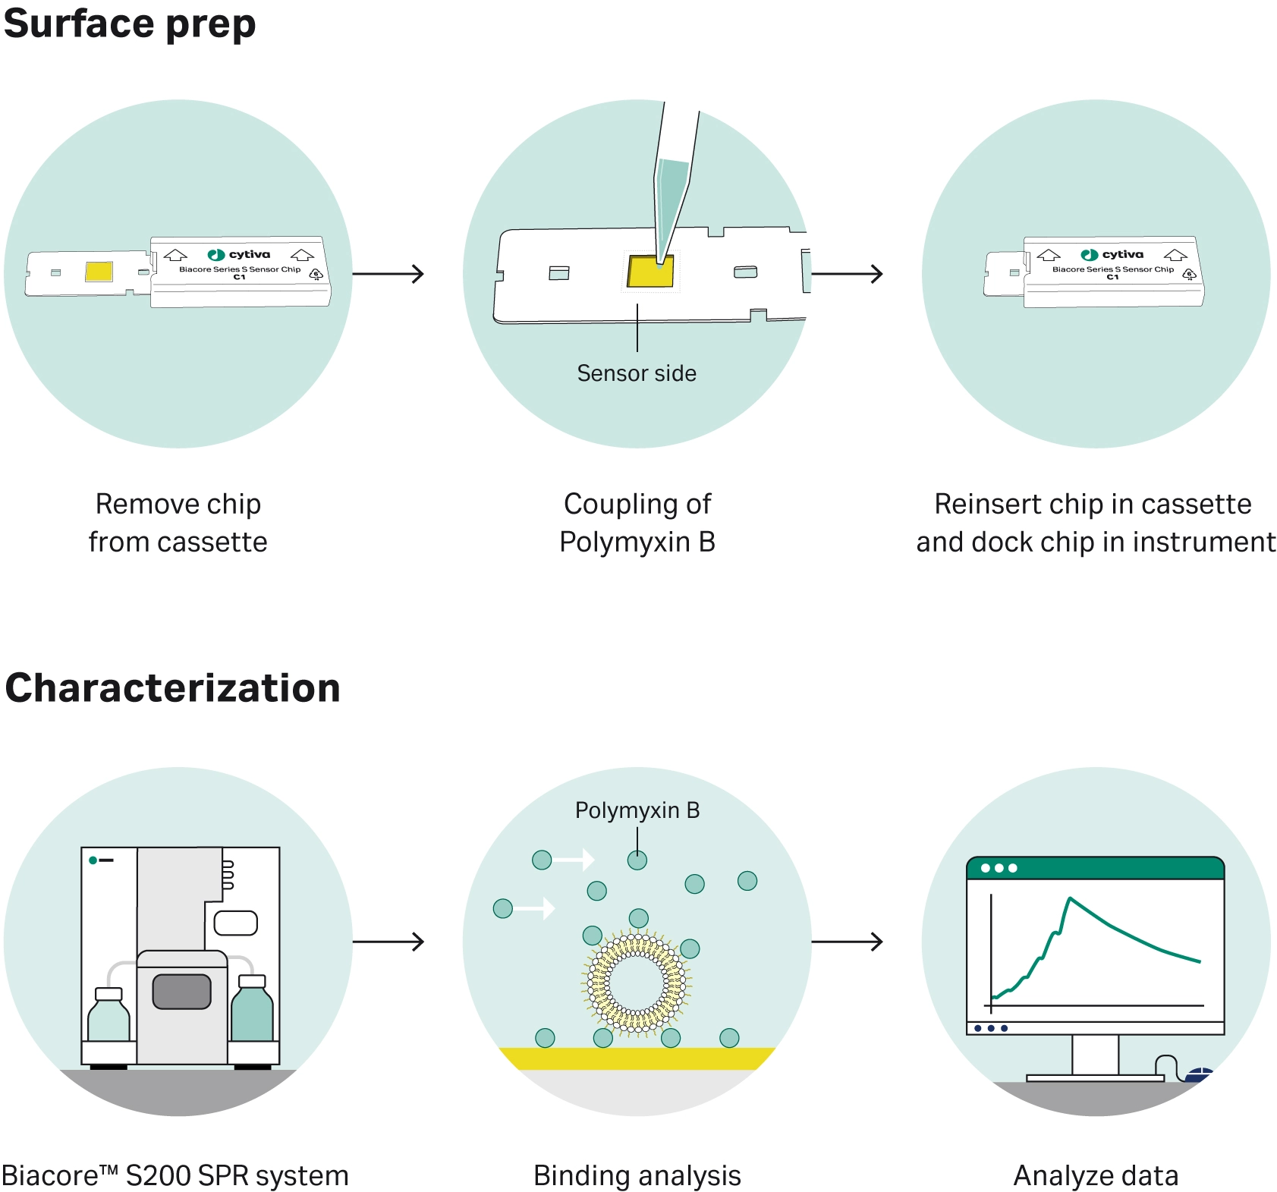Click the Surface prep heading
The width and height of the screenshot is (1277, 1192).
point(130,24)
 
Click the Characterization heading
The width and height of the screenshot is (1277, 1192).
point(172,688)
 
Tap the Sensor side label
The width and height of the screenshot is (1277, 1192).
point(637,373)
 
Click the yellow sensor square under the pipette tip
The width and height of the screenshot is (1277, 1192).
point(650,272)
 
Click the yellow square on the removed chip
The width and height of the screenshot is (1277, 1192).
point(99,271)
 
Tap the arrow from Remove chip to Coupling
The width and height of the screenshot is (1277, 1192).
point(388,273)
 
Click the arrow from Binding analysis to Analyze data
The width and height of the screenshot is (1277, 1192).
point(847,942)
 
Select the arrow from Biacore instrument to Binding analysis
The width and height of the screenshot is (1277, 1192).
point(388,942)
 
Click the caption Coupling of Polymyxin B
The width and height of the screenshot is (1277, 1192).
point(637,523)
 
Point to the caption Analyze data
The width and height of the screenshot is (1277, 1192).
point(1096,1175)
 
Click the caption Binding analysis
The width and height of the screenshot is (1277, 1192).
point(637,1175)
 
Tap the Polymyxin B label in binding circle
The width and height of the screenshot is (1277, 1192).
point(637,810)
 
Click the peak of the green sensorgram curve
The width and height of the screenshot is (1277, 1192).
point(1070,898)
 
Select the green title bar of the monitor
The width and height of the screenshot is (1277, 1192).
point(1096,868)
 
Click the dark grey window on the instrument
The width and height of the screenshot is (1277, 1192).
point(181,992)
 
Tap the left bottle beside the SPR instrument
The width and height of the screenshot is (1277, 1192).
point(109,1014)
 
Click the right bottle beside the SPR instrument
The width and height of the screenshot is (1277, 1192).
point(252,1008)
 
